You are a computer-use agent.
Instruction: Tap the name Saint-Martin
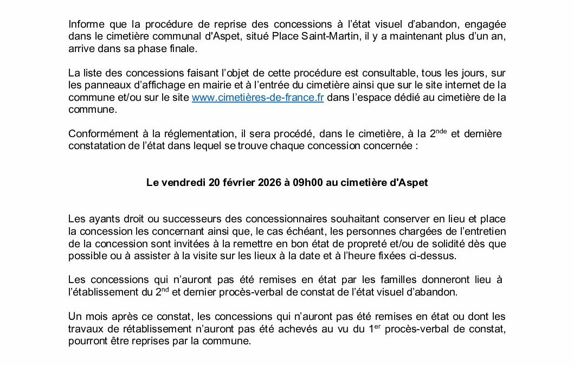(312, 37)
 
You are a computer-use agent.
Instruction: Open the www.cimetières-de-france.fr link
(257, 98)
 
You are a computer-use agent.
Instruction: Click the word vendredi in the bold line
(184, 183)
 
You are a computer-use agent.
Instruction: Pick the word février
(245, 183)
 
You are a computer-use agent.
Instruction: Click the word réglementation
(174, 134)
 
